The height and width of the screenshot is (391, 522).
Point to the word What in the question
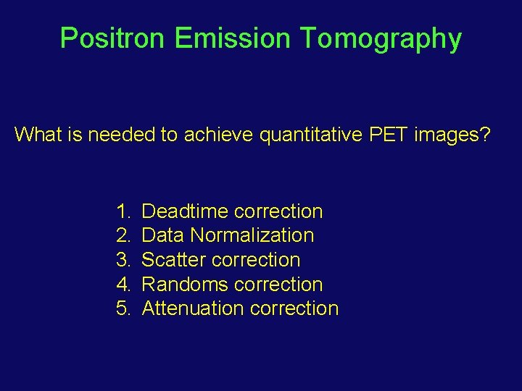[37, 134]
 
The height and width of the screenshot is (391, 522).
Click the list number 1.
[122, 211]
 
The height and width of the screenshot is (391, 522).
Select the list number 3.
[122, 260]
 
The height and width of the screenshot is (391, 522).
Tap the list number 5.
[122, 308]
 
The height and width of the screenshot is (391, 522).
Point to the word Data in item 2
[163, 235]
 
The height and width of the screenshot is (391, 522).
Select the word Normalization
[252, 235]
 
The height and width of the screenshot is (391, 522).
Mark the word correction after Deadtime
[278, 211]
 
